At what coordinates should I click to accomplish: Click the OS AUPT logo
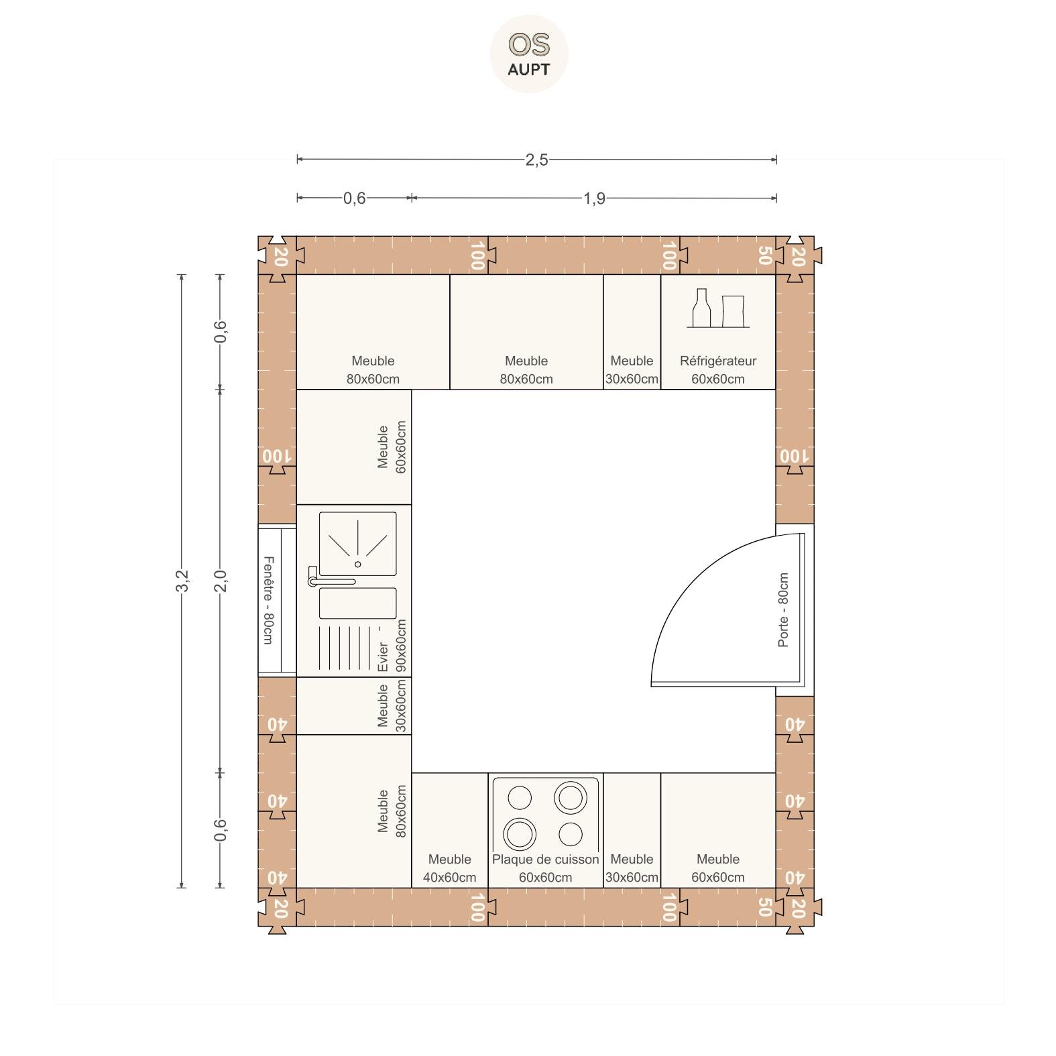(529, 54)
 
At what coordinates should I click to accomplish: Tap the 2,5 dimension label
(536, 160)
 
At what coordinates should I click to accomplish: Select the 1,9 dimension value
(594, 198)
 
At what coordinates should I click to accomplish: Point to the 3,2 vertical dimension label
(182, 581)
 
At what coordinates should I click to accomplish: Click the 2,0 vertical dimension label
(220, 581)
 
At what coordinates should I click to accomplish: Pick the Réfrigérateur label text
(718, 361)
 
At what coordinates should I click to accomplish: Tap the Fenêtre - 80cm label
(268, 600)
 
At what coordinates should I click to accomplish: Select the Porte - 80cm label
(783, 610)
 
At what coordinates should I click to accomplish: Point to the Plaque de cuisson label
(545, 859)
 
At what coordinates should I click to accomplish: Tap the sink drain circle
(357, 565)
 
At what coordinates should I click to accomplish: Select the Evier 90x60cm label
(392, 645)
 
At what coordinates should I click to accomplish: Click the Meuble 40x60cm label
(450, 868)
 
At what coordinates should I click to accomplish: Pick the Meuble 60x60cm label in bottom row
(718, 868)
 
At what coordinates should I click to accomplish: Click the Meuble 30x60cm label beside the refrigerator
(632, 370)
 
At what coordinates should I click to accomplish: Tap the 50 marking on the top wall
(765, 255)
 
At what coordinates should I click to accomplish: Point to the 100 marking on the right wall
(795, 456)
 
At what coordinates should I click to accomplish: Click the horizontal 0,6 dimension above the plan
(354, 198)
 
